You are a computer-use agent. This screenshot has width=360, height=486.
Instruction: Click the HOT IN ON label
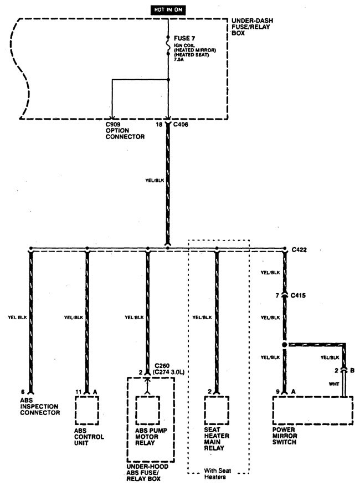168,10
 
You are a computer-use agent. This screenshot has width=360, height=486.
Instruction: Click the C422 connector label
300,250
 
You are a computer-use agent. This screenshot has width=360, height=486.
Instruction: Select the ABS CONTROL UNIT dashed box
86,411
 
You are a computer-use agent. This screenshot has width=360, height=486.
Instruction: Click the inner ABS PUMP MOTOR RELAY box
148,411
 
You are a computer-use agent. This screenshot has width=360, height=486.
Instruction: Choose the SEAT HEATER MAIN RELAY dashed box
217,411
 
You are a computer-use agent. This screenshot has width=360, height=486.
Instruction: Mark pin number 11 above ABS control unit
78,391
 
